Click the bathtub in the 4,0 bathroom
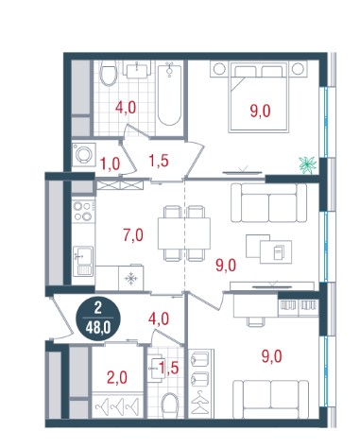pyautogui.click(x=169, y=95)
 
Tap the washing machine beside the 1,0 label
pyautogui.click(x=84, y=154)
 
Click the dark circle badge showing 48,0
pyautogui.click(x=97, y=319)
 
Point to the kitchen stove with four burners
pyautogui.click(x=83, y=211)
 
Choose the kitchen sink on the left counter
pyautogui.click(x=83, y=261)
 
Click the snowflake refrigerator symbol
pyautogui.click(x=130, y=278)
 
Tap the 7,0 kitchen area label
pyautogui.click(x=133, y=235)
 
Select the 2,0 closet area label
pyautogui.click(x=117, y=377)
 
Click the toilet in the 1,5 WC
pyautogui.click(x=170, y=405)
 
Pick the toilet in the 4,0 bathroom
pyautogui.click(x=109, y=74)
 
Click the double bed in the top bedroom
pyautogui.click(x=259, y=96)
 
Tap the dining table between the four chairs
pyautogui.click(x=184, y=233)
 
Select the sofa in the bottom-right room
pyautogui.click(x=270, y=399)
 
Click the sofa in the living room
pyautogui.click(x=268, y=203)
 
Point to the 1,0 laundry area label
pyautogui.click(x=111, y=164)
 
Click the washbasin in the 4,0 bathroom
pyautogui.click(x=137, y=70)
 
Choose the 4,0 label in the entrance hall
pyautogui.click(x=159, y=319)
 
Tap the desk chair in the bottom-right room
pyautogui.click(x=255, y=321)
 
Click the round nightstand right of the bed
pyautogui.click(x=298, y=69)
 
